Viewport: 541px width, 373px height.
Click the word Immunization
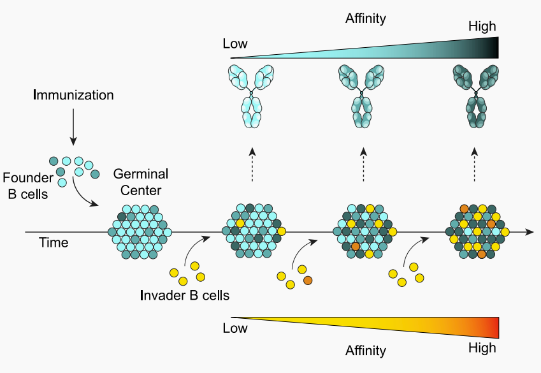click(x=73, y=96)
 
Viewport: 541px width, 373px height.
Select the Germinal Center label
click(x=140, y=181)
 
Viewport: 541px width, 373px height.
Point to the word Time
click(x=54, y=242)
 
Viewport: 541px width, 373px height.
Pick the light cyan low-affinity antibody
click(x=252, y=96)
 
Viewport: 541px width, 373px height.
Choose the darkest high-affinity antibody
click(x=474, y=96)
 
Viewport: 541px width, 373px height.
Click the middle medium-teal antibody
click(x=363, y=96)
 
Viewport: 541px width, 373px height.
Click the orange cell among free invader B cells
click(x=308, y=281)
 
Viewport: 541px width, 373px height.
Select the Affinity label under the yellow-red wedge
click(x=366, y=350)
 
